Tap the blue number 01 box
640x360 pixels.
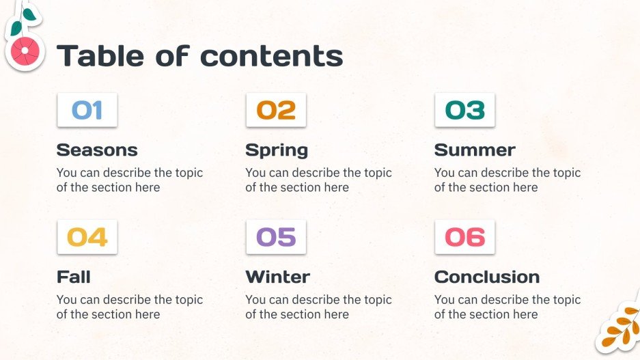pyautogui.click(x=87, y=110)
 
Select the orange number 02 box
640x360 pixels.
pyautogui.click(x=276, y=110)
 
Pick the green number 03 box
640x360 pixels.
pyautogui.click(x=464, y=110)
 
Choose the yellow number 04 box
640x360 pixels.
pyautogui.click(x=87, y=237)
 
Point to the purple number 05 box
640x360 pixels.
pyautogui.click(x=276, y=237)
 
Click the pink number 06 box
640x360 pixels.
pyautogui.click(x=464, y=237)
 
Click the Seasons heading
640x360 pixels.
pyautogui.click(x=97, y=150)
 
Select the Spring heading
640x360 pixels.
pyautogui.click(x=277, y=150)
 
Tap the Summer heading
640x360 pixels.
pyautogui.click(x=475, y=150)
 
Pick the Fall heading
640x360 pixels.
pyautogui.click(x=73, y=277)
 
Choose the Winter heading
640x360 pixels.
pyautogui.click(x=277, y=277)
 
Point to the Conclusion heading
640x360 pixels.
pyautogui.click(x=487, y=277)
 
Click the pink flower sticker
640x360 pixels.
pyautogui.click(x=26, y=52)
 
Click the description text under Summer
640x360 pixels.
pyautogui.click(x=507, y=180)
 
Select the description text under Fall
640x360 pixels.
pyautogui.click(x=129, y=307)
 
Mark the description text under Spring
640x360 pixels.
pyautogui.click(x=318, y=180)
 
